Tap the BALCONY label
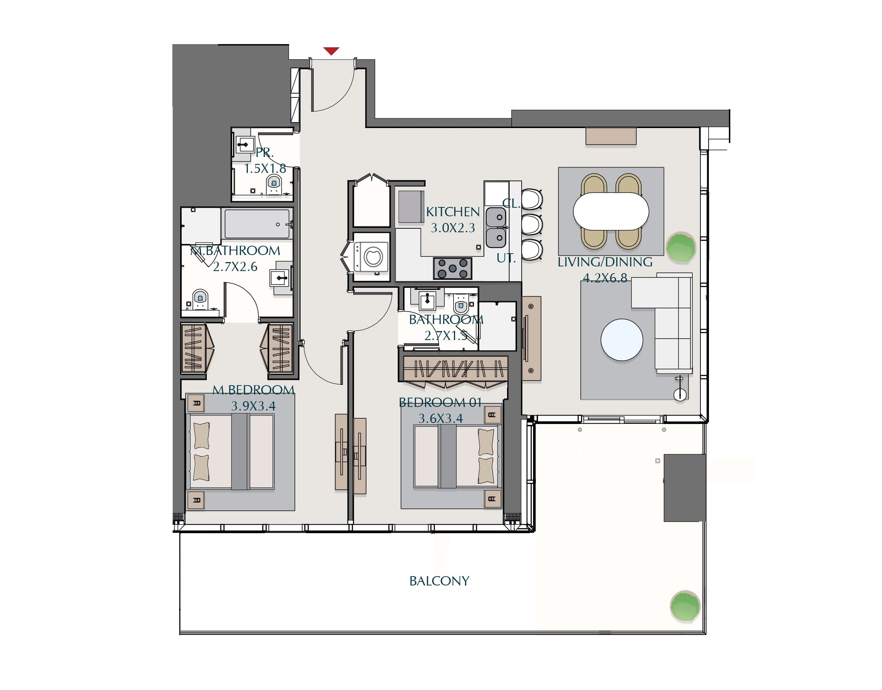coord(439,581)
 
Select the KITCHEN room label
coord(453,212)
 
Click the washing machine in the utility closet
coord(371,256)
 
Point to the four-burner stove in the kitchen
coord(453,268)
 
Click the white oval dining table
coord(611,211)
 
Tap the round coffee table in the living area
coord(622,340)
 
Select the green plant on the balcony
coord(685,606)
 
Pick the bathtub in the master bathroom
coord(257,224)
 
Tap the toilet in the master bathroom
coord(200,299)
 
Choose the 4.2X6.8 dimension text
coord(605,278)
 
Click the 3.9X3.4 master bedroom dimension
coord(253,406)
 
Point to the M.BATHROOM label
coord(235,250)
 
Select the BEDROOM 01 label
coord(440,402)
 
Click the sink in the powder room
coord(245,144)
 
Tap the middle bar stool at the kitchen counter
coord(532,224)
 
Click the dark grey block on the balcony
coord(685,488)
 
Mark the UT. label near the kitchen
coord(506,258)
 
